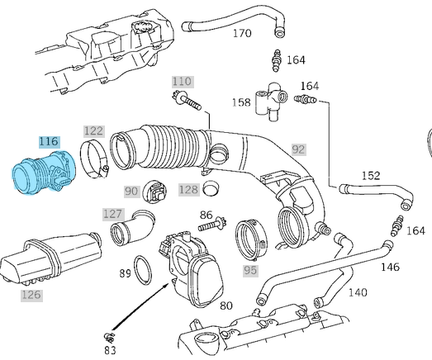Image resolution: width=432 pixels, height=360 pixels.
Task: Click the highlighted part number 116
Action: pos(49,141)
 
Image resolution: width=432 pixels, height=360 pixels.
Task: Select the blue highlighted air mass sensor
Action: pos(44,173)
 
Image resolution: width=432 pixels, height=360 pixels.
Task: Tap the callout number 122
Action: pos(94,131)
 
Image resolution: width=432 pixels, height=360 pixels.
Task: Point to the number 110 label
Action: pos(183,82)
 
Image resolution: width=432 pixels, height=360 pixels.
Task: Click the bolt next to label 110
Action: pos(187,101)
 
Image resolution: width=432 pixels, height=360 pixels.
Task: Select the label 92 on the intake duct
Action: pos(299,149)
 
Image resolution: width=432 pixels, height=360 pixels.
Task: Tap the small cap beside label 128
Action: pos(211,188)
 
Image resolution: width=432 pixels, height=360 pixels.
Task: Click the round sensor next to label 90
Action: pos(154,192)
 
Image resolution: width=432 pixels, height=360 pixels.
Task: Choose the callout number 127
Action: pos(113,214)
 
